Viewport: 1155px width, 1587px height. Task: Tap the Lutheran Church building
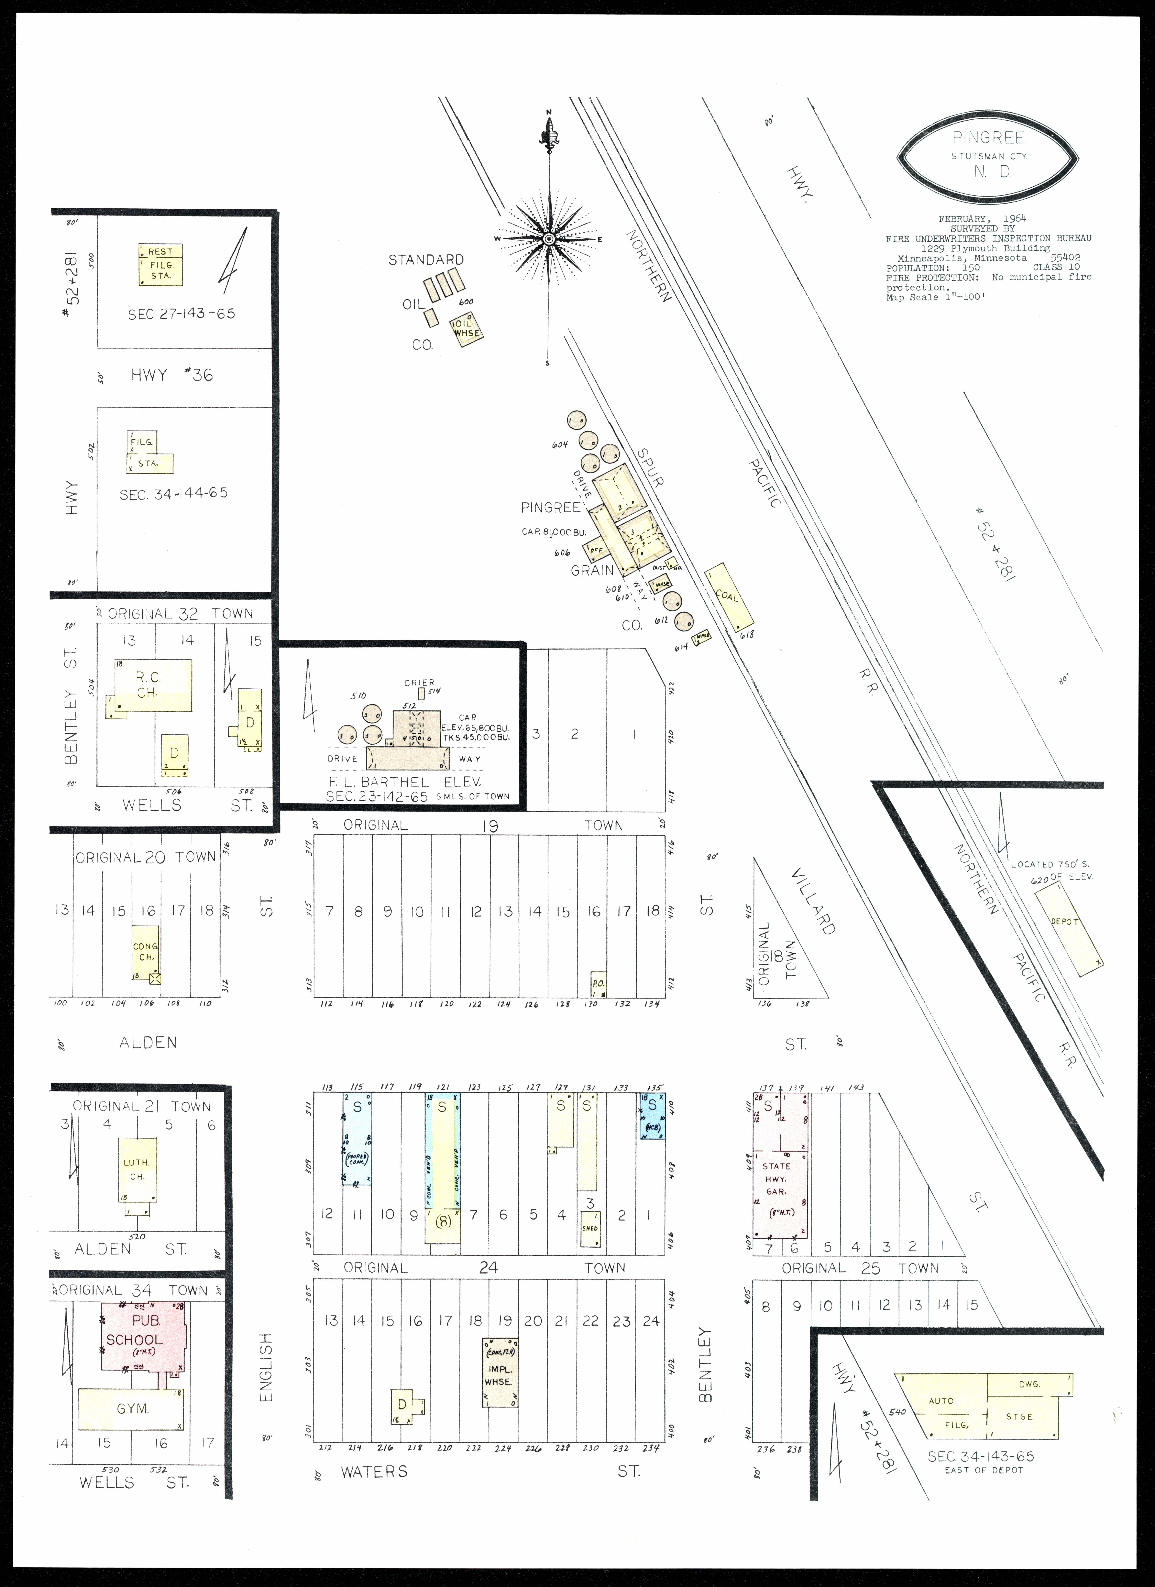pos(137,1170)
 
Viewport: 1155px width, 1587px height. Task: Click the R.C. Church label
pos(148,684)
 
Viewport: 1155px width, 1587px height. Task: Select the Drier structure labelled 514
pos(421,693)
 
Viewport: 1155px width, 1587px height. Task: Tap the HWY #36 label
pos(171,375)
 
